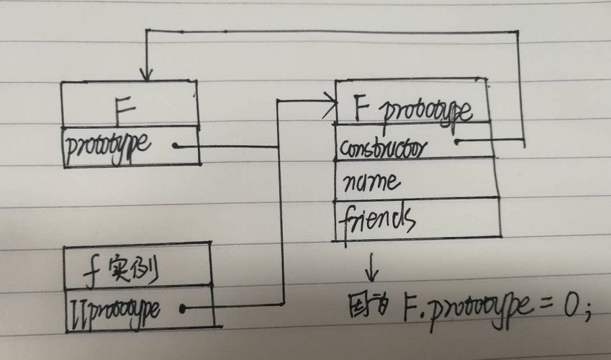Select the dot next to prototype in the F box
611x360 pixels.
pyautogui.click(x=175, y=146)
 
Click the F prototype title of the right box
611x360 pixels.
pyautogui.click(x=413, y=110)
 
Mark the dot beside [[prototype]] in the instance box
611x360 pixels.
pyautogui.click(x=183, y=309)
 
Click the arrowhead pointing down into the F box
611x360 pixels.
pyautogui.click(x=147, y=76)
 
